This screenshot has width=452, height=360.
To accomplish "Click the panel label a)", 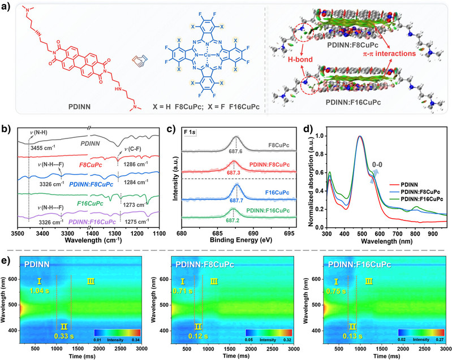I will [7, 6].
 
